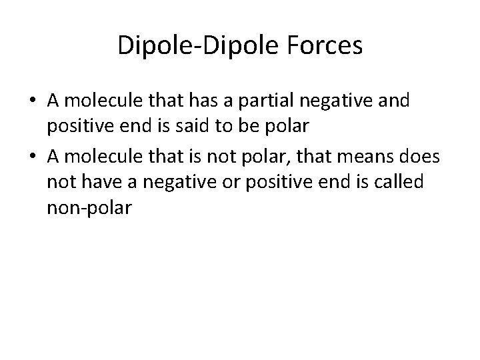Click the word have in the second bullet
(x=93, y=183)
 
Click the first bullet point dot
(x=32, y=102)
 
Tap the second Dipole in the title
(x=233, y=46)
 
